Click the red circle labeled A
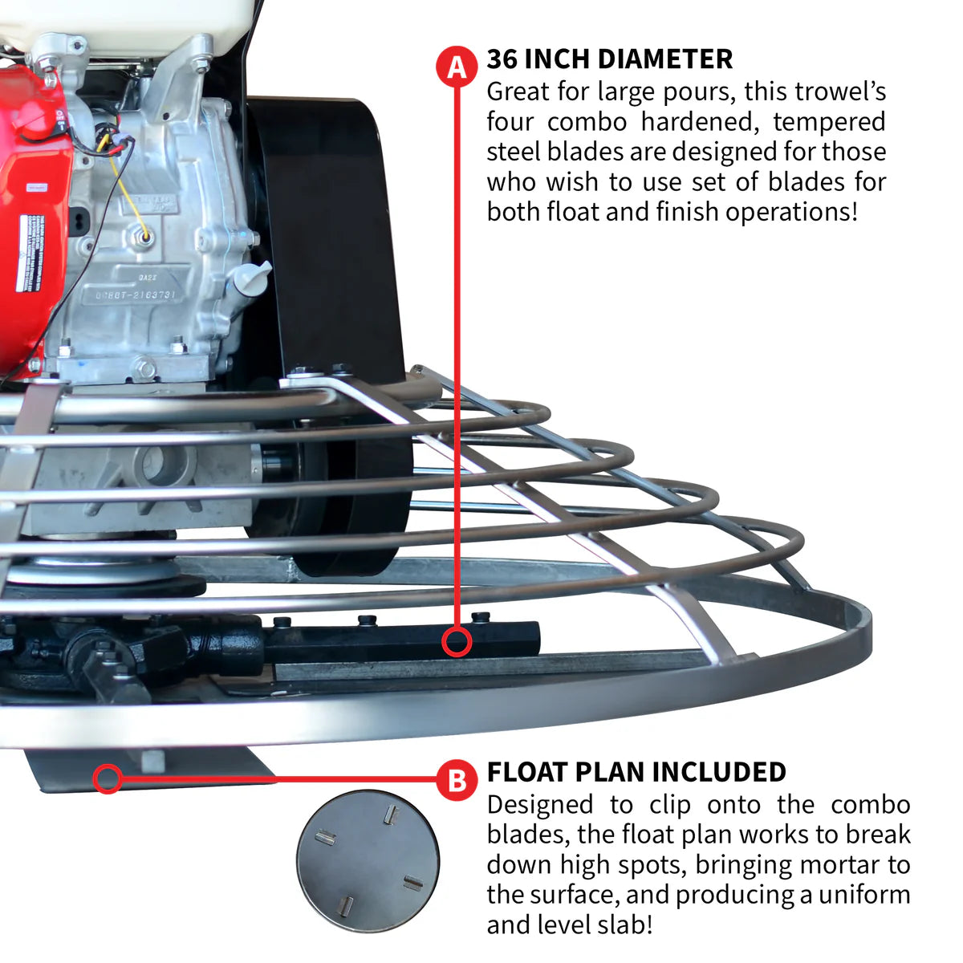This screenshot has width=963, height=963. (457, 67)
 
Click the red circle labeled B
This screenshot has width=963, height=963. (457, 779)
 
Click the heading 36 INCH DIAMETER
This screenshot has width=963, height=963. (609, 59)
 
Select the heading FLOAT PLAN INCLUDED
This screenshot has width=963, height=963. (636, 772)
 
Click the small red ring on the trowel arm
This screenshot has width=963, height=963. (457, 642)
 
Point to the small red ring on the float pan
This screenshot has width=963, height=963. (108, 778)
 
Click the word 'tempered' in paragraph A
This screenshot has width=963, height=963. (829, 122)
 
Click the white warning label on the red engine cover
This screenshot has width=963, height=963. (30, 253)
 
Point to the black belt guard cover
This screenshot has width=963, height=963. (329, 241)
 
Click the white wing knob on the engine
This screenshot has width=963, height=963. (250, 276)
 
